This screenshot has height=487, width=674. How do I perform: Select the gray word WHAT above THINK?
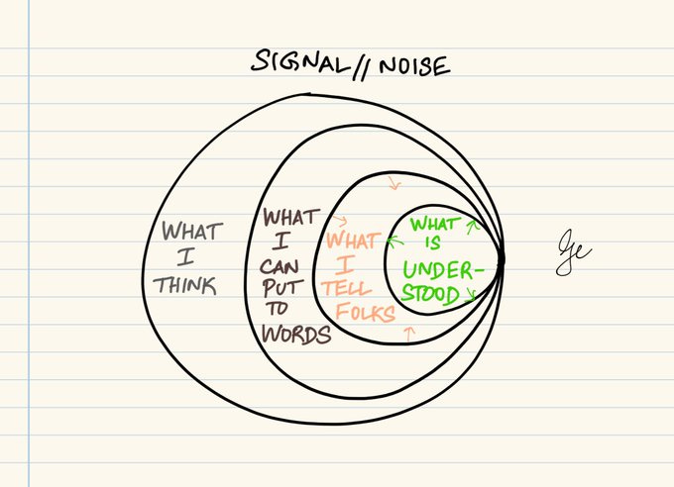point(193,232)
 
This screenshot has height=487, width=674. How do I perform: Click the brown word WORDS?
point(294,334)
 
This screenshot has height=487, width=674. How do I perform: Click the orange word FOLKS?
point(364,314)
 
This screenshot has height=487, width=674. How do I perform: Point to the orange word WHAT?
point(352,241)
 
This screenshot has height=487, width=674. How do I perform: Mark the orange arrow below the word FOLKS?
point(409,333)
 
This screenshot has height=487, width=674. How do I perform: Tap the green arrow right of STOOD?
point(470,293)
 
